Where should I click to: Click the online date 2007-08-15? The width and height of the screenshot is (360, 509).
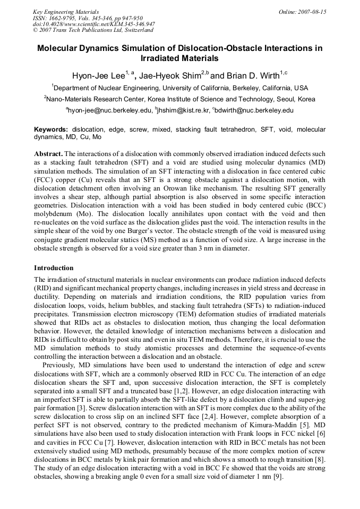(313, 12)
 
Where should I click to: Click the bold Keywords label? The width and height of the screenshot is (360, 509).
(51, 129)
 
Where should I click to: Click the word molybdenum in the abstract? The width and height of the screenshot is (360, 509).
(54, 213)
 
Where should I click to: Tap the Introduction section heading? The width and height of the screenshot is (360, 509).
(54, 268)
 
